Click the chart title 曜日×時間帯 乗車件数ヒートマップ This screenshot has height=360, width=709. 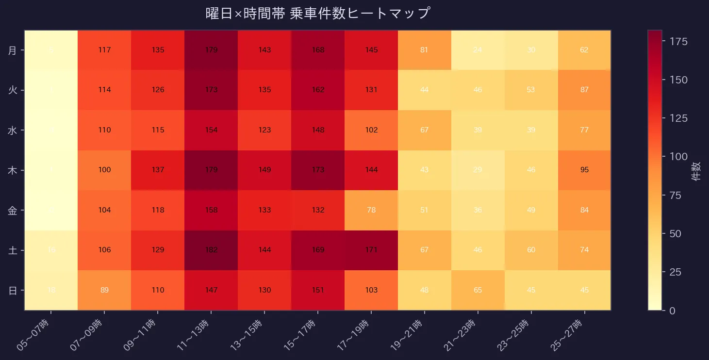(318, 13)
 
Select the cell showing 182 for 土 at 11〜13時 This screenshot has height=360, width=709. (211, 250)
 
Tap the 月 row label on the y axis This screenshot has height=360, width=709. (13, 50)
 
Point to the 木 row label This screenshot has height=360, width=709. (13, 170)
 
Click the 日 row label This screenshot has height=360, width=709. (13, 290)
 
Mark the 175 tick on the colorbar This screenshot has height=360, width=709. (678, 41)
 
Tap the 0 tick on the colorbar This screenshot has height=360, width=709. (672, 311)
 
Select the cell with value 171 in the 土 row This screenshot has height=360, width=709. (371, 250)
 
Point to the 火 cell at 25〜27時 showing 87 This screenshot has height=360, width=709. (584, 90)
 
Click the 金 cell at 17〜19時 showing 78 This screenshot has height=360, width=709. (371, 210)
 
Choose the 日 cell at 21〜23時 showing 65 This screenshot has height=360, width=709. (478, 290)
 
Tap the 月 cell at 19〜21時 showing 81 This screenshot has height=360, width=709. (424, 50)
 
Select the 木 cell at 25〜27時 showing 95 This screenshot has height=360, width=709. (584, 170)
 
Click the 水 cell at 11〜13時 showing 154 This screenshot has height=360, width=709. (211, 130)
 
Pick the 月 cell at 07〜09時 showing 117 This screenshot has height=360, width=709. (104, 50)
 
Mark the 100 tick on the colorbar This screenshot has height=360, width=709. (678, 156)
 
